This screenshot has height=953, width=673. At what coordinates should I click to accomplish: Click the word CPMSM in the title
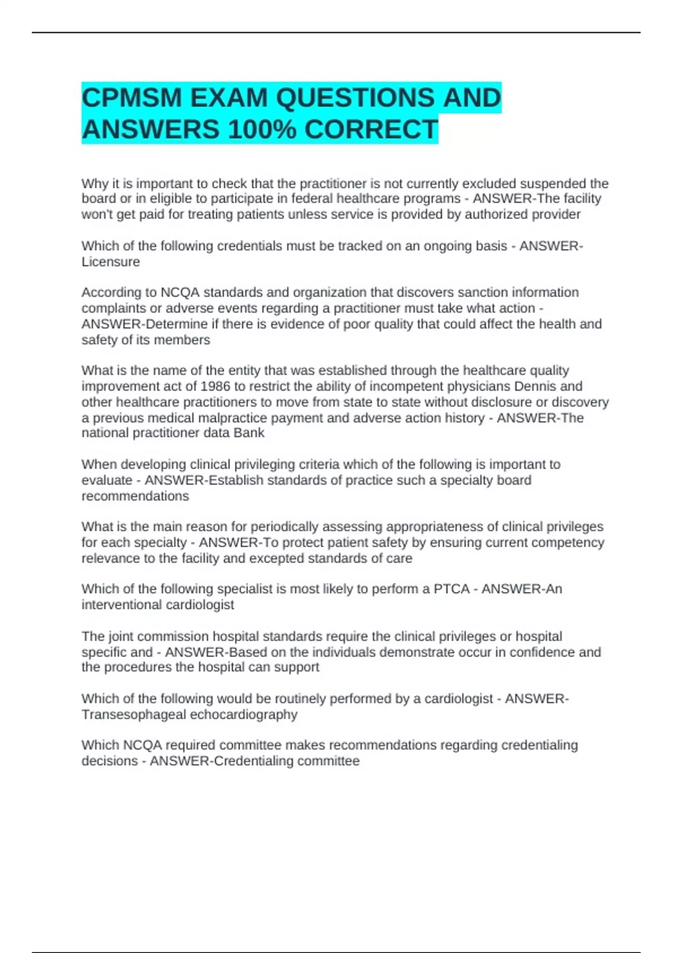pyautogui.click(x=132, y=98)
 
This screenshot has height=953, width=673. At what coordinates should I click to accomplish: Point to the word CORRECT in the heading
pyautogui.click(x=371, y=130)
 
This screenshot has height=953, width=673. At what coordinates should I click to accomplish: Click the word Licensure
pyautogui.click(x=110, y=262)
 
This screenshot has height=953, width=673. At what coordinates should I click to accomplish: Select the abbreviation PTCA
pyautogui.click(x=451, y=589)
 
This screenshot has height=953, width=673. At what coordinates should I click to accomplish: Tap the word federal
pyautogui.click(x=311, y=199)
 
